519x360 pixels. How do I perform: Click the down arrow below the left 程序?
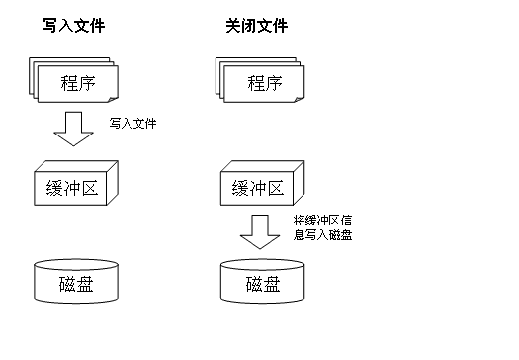coord(72,128)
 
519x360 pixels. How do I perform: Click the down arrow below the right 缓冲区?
coord(260,231)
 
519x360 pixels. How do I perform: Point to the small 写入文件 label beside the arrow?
coord(133,124)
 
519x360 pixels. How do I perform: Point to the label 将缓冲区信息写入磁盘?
coord(323,227)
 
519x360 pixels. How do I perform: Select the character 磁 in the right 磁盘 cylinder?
coord(248,286)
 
